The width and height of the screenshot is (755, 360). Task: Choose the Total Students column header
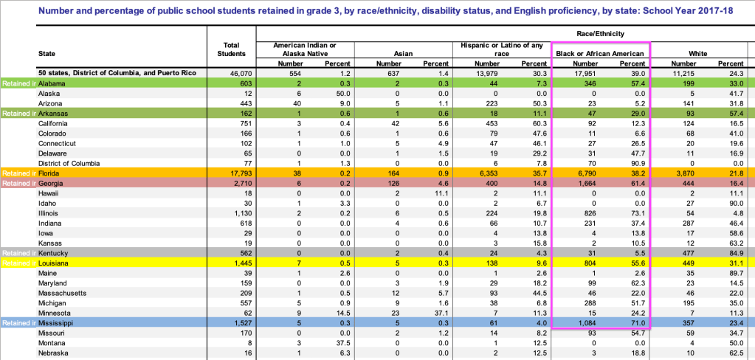pos(232,49)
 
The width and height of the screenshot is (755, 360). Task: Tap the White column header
pos(697,54)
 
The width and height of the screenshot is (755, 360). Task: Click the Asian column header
pos(404,54)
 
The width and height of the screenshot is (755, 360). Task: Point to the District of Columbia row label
pos(69,162)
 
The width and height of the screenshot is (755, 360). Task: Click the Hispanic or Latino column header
pos(503,49)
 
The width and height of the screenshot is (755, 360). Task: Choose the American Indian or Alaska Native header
pos(306,49)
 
